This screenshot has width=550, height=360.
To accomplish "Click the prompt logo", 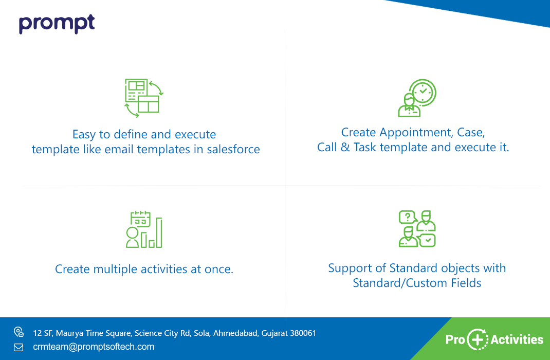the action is click(57, 24).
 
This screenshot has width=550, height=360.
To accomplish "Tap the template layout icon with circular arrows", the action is click(144, 98).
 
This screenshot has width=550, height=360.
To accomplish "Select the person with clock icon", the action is click(417, 98).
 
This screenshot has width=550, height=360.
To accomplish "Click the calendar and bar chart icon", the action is click(144, 229).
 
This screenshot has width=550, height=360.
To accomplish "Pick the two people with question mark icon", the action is click(417, 229).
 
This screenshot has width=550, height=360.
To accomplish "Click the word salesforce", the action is click(233, 150).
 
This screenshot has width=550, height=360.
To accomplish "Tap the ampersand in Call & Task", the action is click(345, 148).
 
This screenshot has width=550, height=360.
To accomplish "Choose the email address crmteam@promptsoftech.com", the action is click(94, 347).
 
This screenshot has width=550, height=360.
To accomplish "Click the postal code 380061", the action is click(303, 333).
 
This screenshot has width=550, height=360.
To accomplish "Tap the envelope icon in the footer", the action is click(19, 347).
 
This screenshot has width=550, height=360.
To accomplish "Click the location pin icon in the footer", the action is click(19, 332).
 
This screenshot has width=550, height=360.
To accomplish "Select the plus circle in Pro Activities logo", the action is click(478, 339).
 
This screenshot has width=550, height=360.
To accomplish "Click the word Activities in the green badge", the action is click(517, 339).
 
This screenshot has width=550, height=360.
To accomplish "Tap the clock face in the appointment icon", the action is click(423, 92).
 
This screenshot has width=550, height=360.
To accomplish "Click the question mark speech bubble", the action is click(407, 217).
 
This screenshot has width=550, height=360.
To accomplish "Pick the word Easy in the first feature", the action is click(84, 135).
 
